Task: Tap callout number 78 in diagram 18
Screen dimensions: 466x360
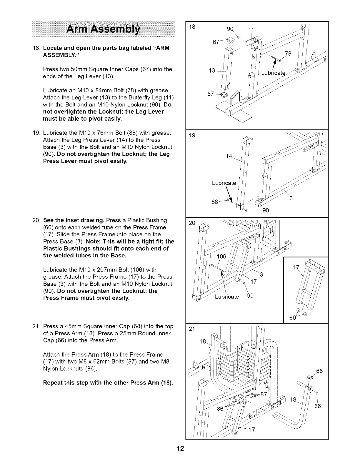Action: [x=289, y=54]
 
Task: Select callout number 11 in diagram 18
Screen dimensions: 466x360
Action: [x=252, y=30]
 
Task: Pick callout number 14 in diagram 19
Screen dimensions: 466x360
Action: [x=230, y=156]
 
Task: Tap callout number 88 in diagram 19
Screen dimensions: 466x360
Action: [x=215, y=202]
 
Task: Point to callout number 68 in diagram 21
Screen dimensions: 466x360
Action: [x=319, y=371]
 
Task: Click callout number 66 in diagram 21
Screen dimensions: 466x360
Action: [x=317, y=406]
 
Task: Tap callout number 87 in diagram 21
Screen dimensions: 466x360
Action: [x=264, y=394]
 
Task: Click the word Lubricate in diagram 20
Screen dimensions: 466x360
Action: [x=227, y=296]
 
